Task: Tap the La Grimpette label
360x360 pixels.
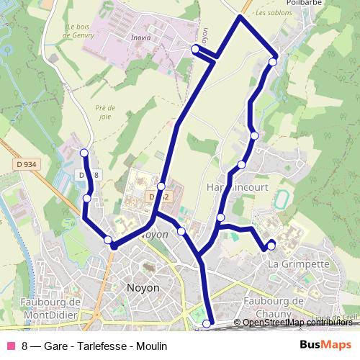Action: tap(298, 264)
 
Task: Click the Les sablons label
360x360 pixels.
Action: tap(270, 13)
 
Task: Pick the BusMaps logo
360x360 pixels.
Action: tap(325, 346)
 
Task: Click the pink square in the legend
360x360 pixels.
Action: tap(11, 346)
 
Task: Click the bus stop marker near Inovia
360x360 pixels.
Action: tap(195, 48)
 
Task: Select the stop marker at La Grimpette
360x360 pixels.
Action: tap(271, 246)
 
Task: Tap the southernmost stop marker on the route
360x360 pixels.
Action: tap(207, 324)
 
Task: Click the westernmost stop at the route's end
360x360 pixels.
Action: tap(84, 153)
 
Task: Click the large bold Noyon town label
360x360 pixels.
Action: tap(143, 287)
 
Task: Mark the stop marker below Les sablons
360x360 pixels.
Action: tap(272, 63)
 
